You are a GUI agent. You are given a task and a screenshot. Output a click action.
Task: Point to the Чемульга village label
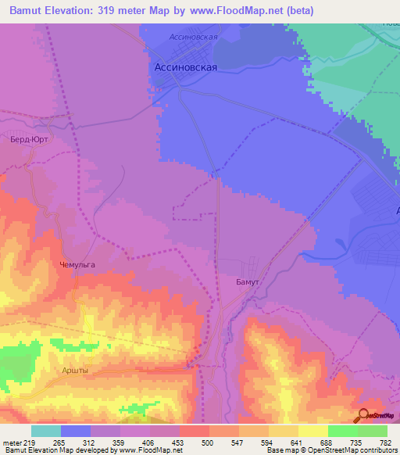[x=77, y=265]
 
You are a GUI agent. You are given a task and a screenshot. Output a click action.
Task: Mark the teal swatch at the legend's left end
[x=46, y=430]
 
